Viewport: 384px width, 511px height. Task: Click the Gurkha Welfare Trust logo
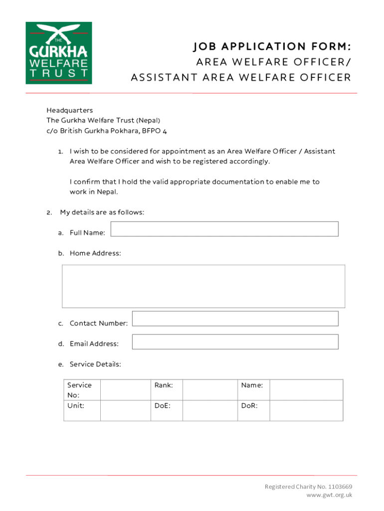click(59, 52)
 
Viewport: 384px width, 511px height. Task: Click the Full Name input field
click(224, 229)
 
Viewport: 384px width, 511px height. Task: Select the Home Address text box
click(203, 286)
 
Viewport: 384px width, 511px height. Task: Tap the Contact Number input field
click(235, 318)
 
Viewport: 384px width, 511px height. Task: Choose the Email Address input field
click(235, 342)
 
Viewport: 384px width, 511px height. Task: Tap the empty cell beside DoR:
click(306, 410)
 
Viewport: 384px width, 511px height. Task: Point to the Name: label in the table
click(252, 385)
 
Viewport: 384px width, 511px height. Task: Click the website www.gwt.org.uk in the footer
click(329, 495)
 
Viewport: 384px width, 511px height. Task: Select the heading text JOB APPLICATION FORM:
click(271, 47)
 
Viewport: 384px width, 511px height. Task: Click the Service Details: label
click(95, 364)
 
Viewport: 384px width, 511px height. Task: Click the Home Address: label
click(95, 254)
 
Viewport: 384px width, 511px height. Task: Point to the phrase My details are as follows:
click(102, 213)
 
